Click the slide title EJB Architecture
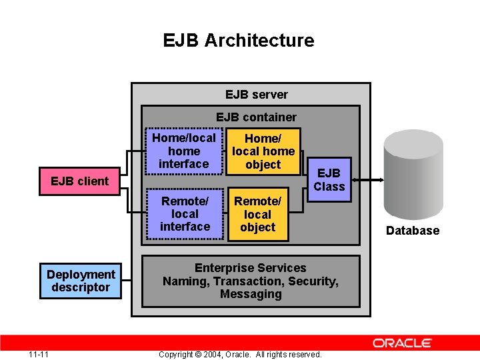point(239,40)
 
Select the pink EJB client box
point(79,181)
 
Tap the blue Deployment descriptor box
point(81,281)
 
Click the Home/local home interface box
point(183,151)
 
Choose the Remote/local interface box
point(185,214)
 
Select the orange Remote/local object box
point(257,214)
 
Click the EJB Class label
point(329,180)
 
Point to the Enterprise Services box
point(250,281)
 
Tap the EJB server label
point(256,95)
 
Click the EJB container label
point(256,117)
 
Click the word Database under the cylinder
point(413,231)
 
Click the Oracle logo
point(402,343)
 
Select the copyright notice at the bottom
point(240,354)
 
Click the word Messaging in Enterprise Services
point(251,294)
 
